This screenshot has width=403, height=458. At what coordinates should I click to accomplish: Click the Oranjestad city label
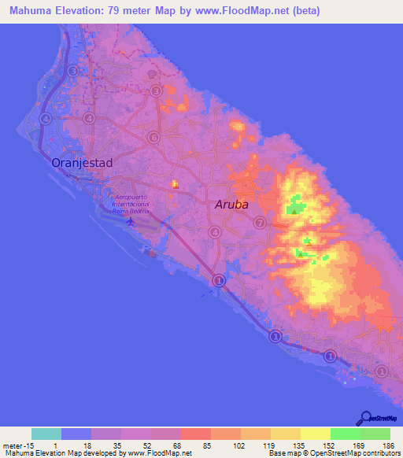(x=82, y=163)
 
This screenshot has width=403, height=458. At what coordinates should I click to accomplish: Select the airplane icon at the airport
(x=130, y=219)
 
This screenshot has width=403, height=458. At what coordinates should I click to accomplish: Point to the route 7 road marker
(x=260, y=223)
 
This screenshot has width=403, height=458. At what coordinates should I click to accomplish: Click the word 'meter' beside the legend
(x=12, y=445)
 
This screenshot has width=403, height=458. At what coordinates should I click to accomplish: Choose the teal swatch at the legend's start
(x=46, y=434)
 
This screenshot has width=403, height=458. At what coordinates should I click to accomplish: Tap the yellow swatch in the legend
(x=315, y=434)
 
